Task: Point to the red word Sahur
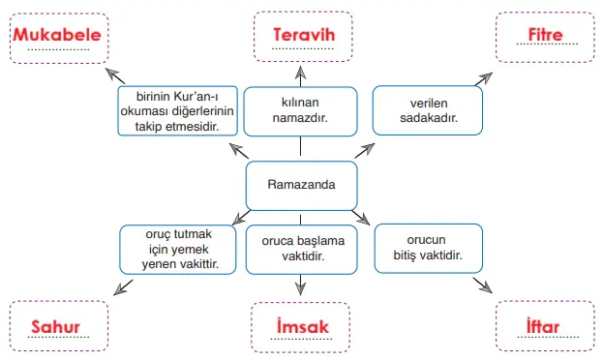click(x=54, y=326)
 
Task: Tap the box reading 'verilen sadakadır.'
click(x=427, y=109)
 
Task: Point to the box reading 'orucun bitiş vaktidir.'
click(x=427, y=249)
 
